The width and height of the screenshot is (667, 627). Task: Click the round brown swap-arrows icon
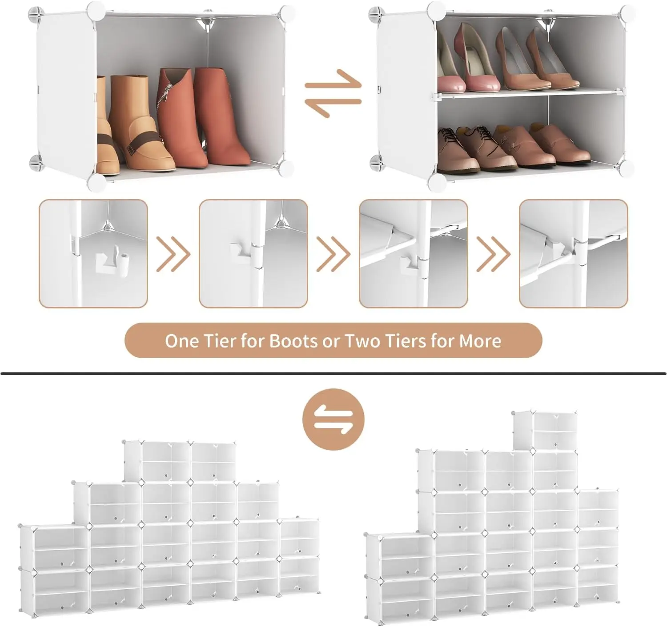click(x=333, y=419)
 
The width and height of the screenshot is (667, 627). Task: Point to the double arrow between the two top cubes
click(x=333, y=93)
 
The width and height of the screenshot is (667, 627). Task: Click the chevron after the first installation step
click(x=173, y=254)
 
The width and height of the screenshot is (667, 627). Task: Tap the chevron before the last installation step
click(x=493, y=254)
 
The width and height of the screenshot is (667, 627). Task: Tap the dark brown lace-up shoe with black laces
click(x=451, y=149)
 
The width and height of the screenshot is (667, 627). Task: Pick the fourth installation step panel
click(x=573, y=253)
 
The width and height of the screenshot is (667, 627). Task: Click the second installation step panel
click(x=253, y=253)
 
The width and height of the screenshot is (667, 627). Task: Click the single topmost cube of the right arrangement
click(x=545, y=430)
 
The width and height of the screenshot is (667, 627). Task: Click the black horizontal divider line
click(x=333, y=373)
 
